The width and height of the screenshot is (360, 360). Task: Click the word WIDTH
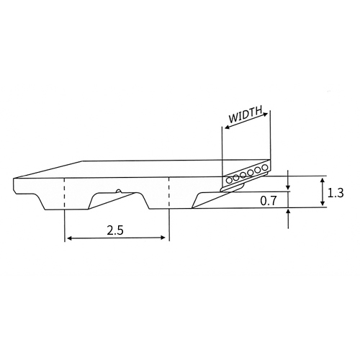click(245, 114)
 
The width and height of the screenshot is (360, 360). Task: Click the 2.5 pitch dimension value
click(115, 230)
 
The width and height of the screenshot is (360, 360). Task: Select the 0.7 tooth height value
click(269, 201)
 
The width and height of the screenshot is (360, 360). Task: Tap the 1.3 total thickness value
click(336, 193)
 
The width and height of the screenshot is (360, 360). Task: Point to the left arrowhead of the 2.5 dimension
click(69, 238)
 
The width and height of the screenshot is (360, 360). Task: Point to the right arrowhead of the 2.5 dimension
click(163, 238)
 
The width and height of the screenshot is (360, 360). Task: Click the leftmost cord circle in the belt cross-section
click(229, 180)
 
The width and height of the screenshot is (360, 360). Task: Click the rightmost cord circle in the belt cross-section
click(265, 167)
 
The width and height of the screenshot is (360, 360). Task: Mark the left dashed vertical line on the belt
click(65, 194)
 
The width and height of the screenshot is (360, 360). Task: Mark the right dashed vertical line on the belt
click(169, 193)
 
